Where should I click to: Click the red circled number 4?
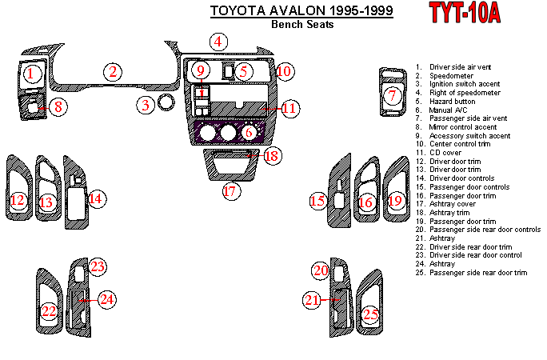[x=218, y=42]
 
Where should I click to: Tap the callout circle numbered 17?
[x=230, y=191]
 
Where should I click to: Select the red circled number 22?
[x=50, y=310]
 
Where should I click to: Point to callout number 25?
[x=370, y=315]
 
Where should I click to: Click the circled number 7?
[x=392, y=96]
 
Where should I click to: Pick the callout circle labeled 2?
[x=114, y=72]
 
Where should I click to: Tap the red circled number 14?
[x=96, y=198]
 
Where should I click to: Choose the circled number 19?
[x=395, y=202]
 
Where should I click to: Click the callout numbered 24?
[x=106, y=299]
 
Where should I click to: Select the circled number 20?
[x=321, y=271]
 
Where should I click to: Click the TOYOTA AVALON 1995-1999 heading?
[x=301, y=11]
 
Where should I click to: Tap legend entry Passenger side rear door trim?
[x=478, y=273]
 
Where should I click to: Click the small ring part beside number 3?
[x=166, y=102]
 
